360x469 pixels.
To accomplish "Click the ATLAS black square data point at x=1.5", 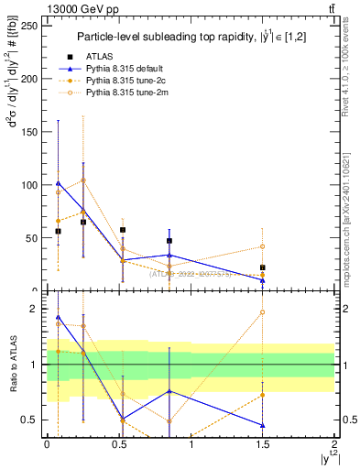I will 263,267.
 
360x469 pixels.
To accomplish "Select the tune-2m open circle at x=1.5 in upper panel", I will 263,246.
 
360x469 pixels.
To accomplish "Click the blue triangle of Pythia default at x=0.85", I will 169,255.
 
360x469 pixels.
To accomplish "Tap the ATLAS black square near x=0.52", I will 123,230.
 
